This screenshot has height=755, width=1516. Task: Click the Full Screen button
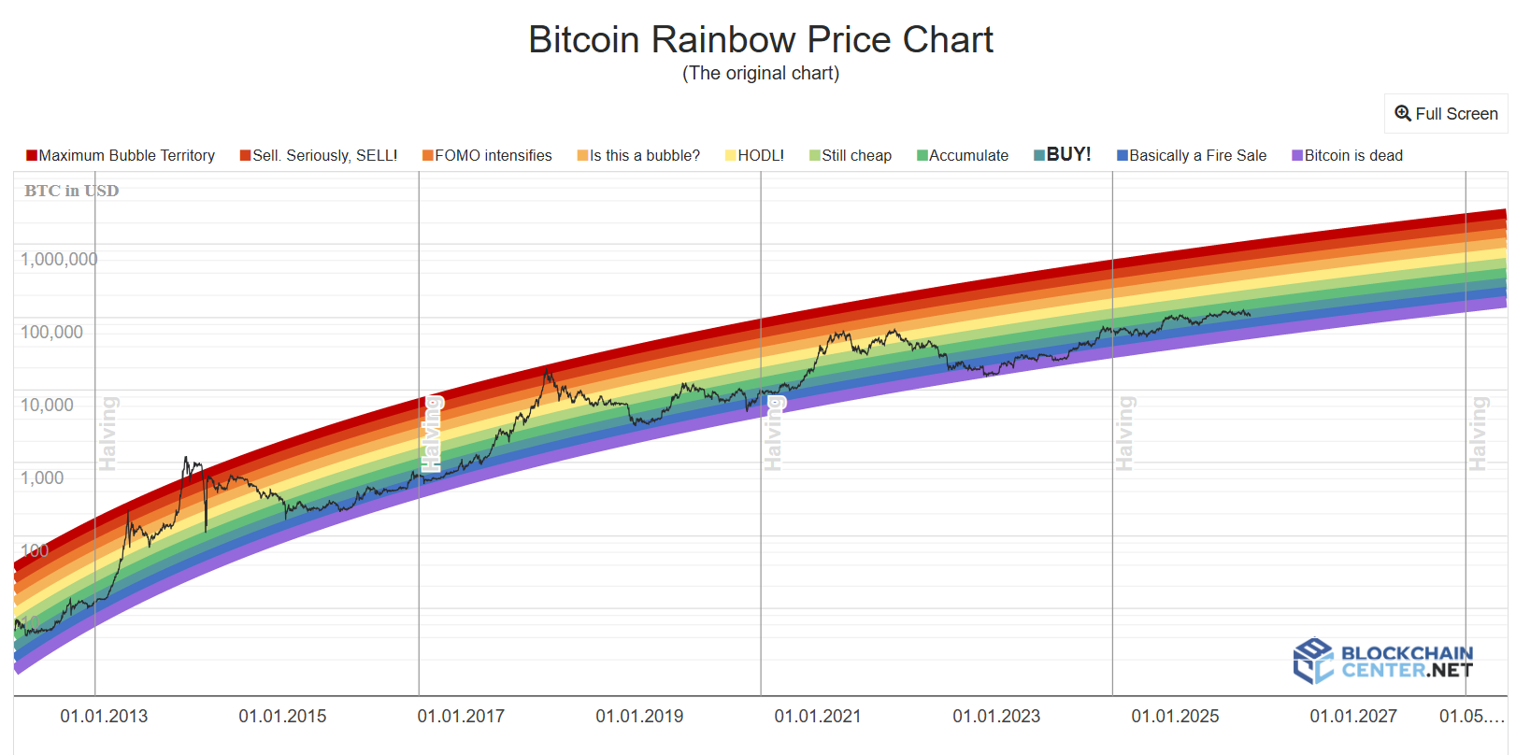coord(1446,114)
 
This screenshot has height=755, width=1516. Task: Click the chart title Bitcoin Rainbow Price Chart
coord(760,40)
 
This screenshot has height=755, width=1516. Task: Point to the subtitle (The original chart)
coord(760,74)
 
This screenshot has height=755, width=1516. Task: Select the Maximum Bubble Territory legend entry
coord(121,156)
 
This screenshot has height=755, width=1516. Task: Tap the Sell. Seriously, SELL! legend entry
coord(319,156)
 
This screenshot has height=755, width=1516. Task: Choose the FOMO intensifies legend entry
coord(487,156)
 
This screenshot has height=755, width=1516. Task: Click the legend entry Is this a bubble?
coord(638,156)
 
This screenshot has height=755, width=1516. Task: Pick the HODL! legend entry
coord(754,156)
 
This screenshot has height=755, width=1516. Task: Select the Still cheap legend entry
coord(851,156)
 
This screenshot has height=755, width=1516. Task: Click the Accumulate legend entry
coord(963,156)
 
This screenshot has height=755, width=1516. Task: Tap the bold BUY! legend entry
coord(1063,155)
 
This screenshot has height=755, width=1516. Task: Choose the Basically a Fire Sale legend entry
coord(1192,156)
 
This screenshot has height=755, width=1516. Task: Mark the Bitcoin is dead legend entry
coord(1347,156)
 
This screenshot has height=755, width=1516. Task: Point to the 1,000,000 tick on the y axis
coord(59,260)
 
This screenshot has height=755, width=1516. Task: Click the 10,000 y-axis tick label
coord(48,406)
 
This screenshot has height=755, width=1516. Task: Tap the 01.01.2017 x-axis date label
coord(461,717)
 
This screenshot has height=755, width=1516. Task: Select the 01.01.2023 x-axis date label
coord(996,717)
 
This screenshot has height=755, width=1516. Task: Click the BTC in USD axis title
coord(72,191)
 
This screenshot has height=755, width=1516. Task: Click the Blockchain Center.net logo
coord(1383,661)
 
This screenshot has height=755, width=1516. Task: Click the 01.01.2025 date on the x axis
coord(1175,717)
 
